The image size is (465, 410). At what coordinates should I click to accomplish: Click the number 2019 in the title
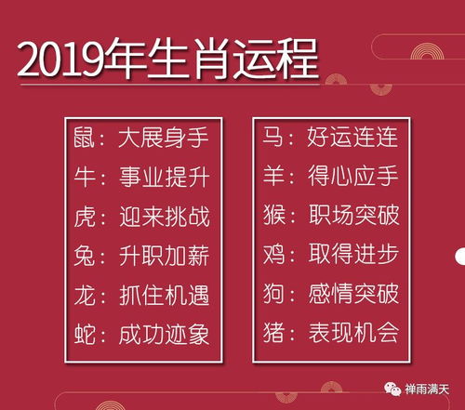(62, 62)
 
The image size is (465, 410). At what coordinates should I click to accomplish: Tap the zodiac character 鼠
(84, 140)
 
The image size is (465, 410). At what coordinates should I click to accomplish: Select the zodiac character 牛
(84, 179)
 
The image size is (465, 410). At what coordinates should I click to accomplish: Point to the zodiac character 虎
(84, 218)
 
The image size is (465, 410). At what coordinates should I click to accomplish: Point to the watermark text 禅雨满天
(427, 390)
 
